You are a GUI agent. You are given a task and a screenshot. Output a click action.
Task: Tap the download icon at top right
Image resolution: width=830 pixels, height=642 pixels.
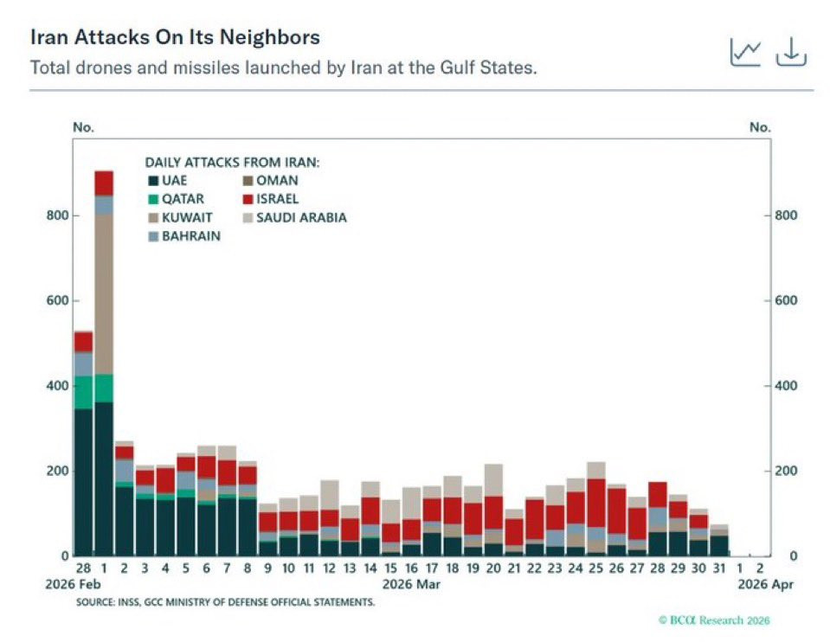coord(790,53)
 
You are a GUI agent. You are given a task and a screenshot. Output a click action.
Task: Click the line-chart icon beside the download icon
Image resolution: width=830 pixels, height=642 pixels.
coord(745,53)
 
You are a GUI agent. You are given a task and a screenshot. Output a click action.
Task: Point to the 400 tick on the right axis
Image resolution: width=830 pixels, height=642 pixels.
coord(785,386)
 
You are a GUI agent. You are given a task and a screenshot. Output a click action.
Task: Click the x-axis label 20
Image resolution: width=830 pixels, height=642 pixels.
coord(493,568)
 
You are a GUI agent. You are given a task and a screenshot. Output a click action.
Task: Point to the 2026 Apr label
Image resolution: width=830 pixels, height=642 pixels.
coord(765,583)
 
